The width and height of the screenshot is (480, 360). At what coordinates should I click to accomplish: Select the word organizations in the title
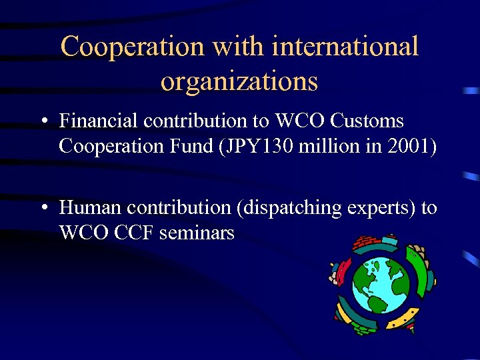click(239, 81)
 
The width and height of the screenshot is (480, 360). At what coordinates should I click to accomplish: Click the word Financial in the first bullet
click(99, 121)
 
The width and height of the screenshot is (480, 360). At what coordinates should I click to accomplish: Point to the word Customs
click(367, 121)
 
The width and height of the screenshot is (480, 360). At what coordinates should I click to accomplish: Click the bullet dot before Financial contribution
click(43, 122)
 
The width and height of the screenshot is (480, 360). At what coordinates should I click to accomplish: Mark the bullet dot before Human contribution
click(43, 209)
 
